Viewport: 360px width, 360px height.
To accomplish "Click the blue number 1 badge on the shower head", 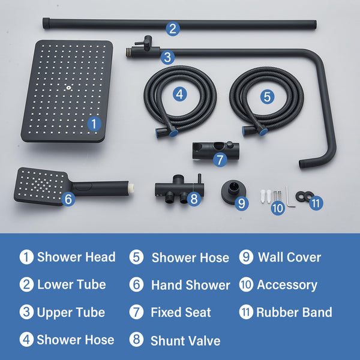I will (94, 124).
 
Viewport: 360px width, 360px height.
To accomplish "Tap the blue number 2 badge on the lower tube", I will (173, 28).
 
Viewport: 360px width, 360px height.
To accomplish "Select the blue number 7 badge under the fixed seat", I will (220, 160).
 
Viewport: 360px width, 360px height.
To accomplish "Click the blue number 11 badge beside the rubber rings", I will (316, 203).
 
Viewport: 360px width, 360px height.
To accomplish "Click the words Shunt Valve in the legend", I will (185, 341).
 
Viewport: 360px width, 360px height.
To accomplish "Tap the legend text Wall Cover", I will (289, 257).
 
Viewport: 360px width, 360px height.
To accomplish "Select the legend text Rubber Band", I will (294, 312).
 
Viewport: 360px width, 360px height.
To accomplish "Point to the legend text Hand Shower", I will (190, 285).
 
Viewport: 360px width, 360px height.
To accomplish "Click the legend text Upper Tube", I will (71, 313).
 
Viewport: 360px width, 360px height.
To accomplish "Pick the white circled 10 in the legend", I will (246, 285).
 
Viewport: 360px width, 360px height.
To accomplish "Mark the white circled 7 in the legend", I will (137, 313).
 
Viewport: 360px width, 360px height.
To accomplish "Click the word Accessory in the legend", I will (287, 285).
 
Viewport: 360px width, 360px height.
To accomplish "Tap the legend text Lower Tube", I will (71, 285).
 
